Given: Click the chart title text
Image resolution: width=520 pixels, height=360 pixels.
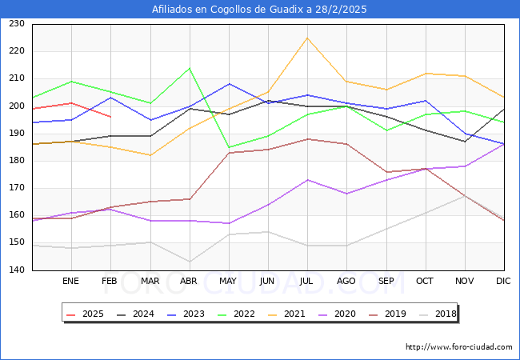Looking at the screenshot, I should tap(260, 10).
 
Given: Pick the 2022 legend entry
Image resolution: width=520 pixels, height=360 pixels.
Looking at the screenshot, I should tap(238, 314).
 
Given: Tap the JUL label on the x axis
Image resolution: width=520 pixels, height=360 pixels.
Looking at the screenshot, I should tap(307, 282).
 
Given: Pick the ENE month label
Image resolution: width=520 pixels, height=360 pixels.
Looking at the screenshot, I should tap(71, 282).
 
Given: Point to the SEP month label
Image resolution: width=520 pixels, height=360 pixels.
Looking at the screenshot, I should tap(386, 282).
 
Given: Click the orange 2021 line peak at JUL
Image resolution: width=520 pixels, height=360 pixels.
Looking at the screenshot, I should tap(307, 38).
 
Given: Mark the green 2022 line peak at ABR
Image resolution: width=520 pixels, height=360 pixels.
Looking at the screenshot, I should tap(190, 68).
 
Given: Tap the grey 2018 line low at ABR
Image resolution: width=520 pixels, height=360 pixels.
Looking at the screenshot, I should tap(190, 262).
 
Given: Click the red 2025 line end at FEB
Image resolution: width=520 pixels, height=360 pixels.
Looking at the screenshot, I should tap(110, 117).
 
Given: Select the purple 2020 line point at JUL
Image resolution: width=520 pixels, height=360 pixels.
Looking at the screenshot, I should tap(307, 180).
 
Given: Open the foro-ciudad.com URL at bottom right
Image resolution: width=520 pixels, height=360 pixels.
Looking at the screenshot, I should tap(458, 347).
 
